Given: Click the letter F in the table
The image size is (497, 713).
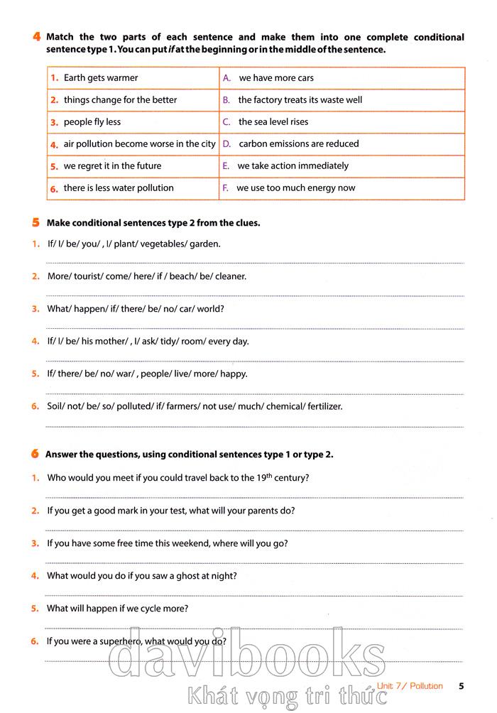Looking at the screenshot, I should coord(226,188).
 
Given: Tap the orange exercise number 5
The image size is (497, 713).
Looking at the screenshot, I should coord(35,222).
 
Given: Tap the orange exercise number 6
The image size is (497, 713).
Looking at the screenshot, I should coord(35,454).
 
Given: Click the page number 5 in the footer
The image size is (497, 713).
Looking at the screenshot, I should coord(461,686).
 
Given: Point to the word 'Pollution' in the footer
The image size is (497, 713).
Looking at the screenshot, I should coord(426,686).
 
